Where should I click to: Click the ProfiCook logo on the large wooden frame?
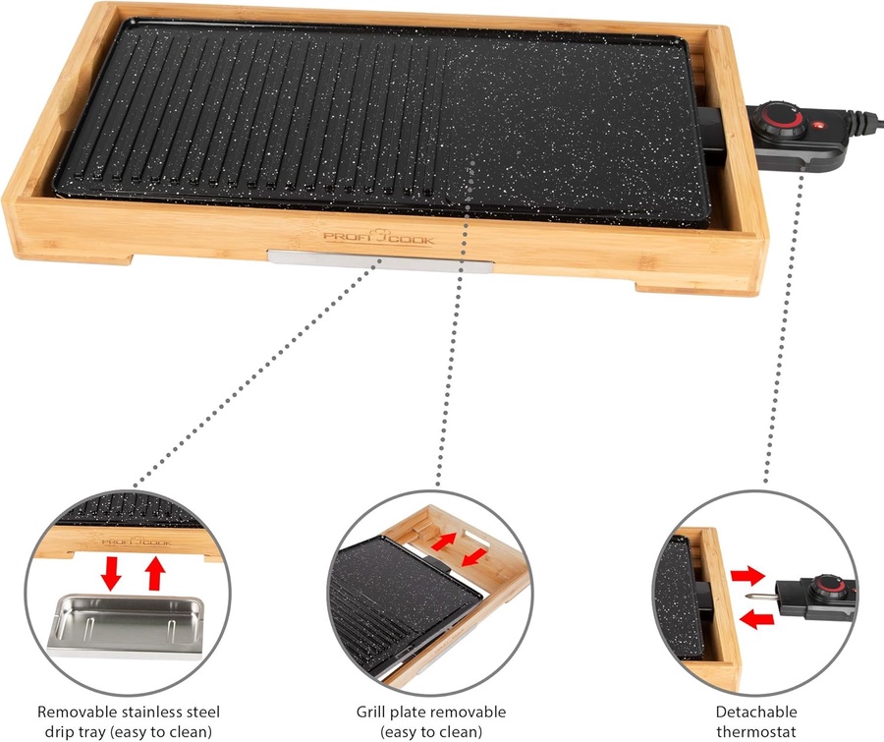[x=378, y=238]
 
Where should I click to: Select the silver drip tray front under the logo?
[x=380, y=261]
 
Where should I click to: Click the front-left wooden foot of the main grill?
[x=74, y=257]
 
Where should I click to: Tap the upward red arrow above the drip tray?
[x=155, y=573]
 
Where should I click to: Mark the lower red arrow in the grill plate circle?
[x=473, y=558]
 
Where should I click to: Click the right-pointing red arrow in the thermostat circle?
[x=748, y=577]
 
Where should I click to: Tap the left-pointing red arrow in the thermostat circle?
[x=756, y=620]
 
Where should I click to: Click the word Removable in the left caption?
[x=77, y=713]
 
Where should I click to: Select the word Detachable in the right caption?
[x=756, y=713]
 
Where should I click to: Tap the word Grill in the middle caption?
[x=370, y=713]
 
